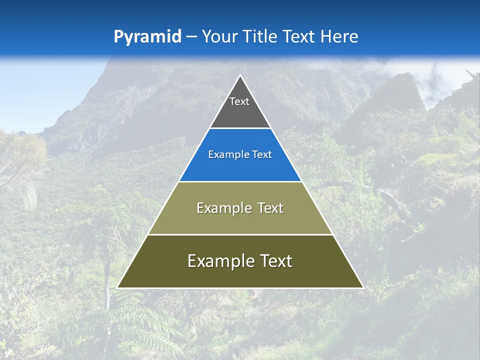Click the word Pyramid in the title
point(147,37)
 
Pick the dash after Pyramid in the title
point(191,37)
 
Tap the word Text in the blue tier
point(262,155)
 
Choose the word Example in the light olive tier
point(223,208)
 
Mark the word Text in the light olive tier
point(270,208)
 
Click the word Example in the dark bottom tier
point(218,261)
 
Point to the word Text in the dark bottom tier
point(276,261)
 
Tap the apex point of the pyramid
point(240,75)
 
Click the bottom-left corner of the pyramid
point(117,287)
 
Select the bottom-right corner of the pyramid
point(363,287)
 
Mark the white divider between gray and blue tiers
point(240,128)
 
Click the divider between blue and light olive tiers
point(240,181)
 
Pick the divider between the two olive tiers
point(240,234)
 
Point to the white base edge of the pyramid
point(240,288)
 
